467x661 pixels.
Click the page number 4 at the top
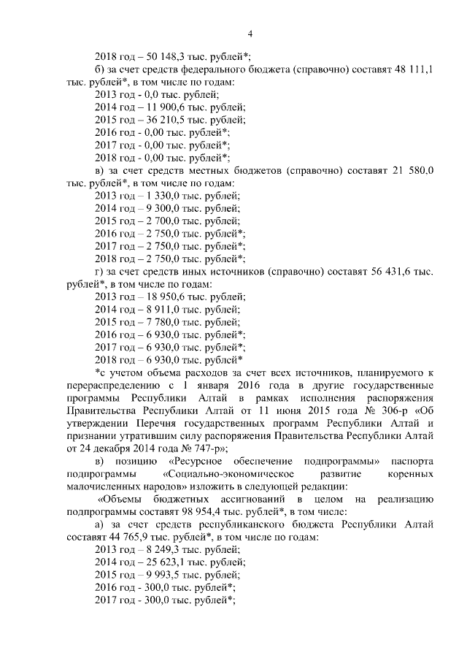[250, 33]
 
